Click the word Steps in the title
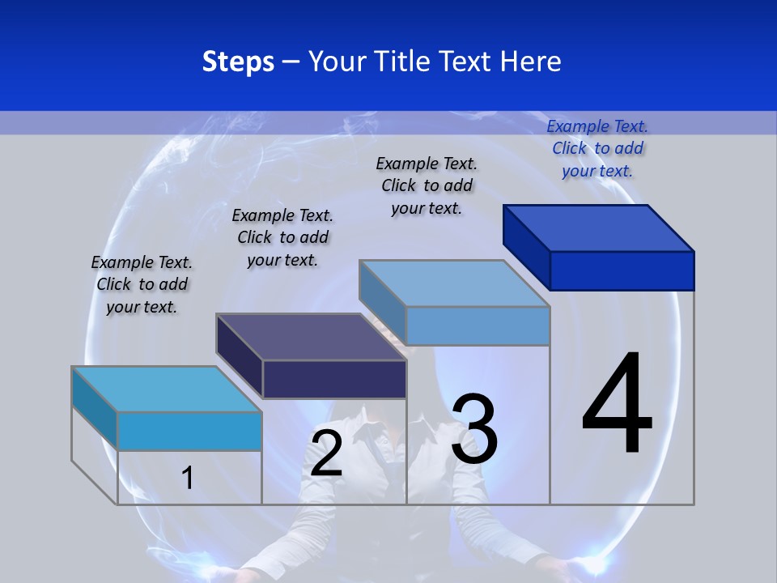[238, 62]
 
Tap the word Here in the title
[531, 62]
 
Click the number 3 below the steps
[474, 429]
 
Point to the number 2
[326, 453]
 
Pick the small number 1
[188, 478]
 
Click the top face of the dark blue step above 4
[599, 228]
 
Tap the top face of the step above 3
[455, 283]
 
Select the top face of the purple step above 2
[311, 337]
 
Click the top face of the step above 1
[167, 389]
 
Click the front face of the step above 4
[622, 270]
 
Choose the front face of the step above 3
[478, 326]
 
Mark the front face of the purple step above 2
[334, 379]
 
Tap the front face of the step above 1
[189, 431]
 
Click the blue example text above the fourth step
[597, 148]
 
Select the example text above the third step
[427, 185]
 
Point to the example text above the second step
[282, 237]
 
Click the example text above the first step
[142, 284]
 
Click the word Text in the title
[467, 62]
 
